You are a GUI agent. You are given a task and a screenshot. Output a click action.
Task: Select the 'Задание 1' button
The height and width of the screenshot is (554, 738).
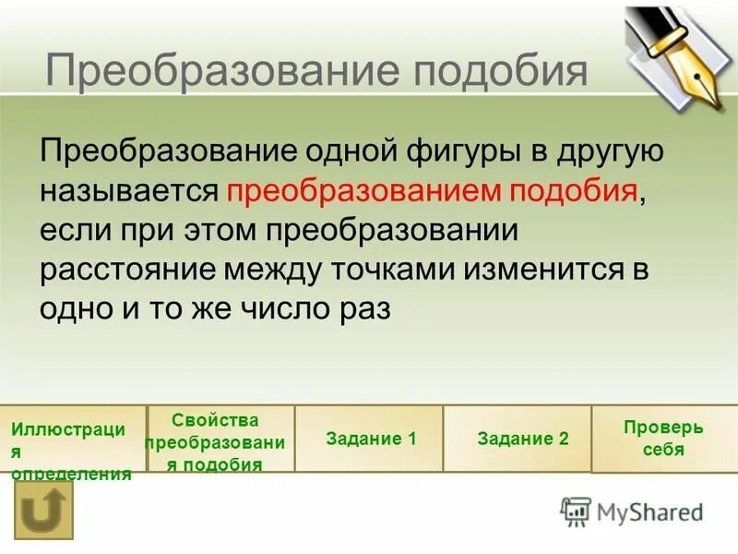[371, 439]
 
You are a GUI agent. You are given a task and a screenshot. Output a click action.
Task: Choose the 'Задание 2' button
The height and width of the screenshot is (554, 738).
[523, 439]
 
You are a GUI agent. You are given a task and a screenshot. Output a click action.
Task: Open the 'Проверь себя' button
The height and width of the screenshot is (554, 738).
[662, 439]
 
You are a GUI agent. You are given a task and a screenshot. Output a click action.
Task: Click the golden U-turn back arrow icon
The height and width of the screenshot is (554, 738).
[42, 509]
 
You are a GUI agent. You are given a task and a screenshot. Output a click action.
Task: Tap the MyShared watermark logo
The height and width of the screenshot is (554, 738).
[632, 511]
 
